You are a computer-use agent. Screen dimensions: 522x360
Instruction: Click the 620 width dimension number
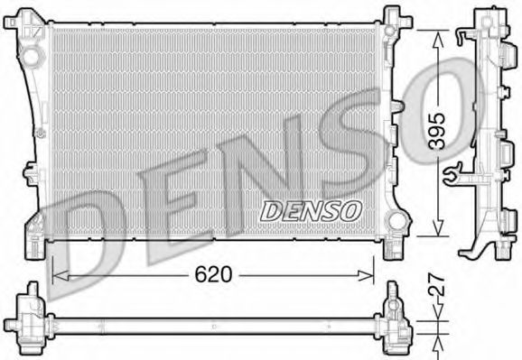(x=213, y=275)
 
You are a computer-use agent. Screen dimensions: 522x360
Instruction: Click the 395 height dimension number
(x=437, y=131)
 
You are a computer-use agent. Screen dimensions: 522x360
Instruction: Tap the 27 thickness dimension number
(x=437, y=285)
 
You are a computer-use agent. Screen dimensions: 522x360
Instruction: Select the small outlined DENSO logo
(x=311, y=211)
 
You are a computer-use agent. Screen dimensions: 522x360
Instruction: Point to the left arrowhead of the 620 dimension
(x=61, y=275)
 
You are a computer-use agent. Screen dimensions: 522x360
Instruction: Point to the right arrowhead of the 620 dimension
(x=366, y=275)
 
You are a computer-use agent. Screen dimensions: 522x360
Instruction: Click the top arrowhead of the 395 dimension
(x=438, y=39)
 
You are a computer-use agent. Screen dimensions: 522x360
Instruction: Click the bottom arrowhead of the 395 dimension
(x=438, y=228)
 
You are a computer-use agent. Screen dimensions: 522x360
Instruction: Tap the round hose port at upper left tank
(x=32, y=57)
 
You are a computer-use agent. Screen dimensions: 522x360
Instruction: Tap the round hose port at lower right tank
(x=396, y=221)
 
